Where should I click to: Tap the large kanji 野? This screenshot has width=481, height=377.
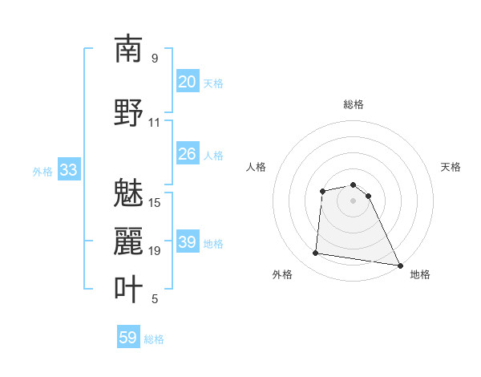point(129,112)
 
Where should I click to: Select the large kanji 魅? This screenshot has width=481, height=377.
point(129,193)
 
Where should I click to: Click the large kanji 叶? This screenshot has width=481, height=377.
point(129,289)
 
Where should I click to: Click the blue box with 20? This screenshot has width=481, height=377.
point(188,82)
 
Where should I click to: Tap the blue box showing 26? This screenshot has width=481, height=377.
point(188,154)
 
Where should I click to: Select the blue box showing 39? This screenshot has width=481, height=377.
point(188,242)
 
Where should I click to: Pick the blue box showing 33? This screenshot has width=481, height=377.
point(68,170)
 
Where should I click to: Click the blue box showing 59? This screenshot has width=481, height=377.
point(128,338)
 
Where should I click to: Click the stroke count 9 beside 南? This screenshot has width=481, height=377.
point(154,59)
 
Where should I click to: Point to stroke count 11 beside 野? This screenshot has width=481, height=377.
point(154,123)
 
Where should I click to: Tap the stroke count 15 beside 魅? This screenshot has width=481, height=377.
point(155,203)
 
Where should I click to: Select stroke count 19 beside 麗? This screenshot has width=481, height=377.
point(155,251)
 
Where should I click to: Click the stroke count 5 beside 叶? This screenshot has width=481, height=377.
point(154,299)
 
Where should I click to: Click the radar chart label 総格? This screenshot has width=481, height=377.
point(353,104)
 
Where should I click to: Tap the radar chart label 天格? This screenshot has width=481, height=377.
point(451,167)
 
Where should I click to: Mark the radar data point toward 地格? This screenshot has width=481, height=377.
point(400,266)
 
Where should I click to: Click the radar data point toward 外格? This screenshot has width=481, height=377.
point(316,253)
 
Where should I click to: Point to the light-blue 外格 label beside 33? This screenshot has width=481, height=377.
point(42,171)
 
